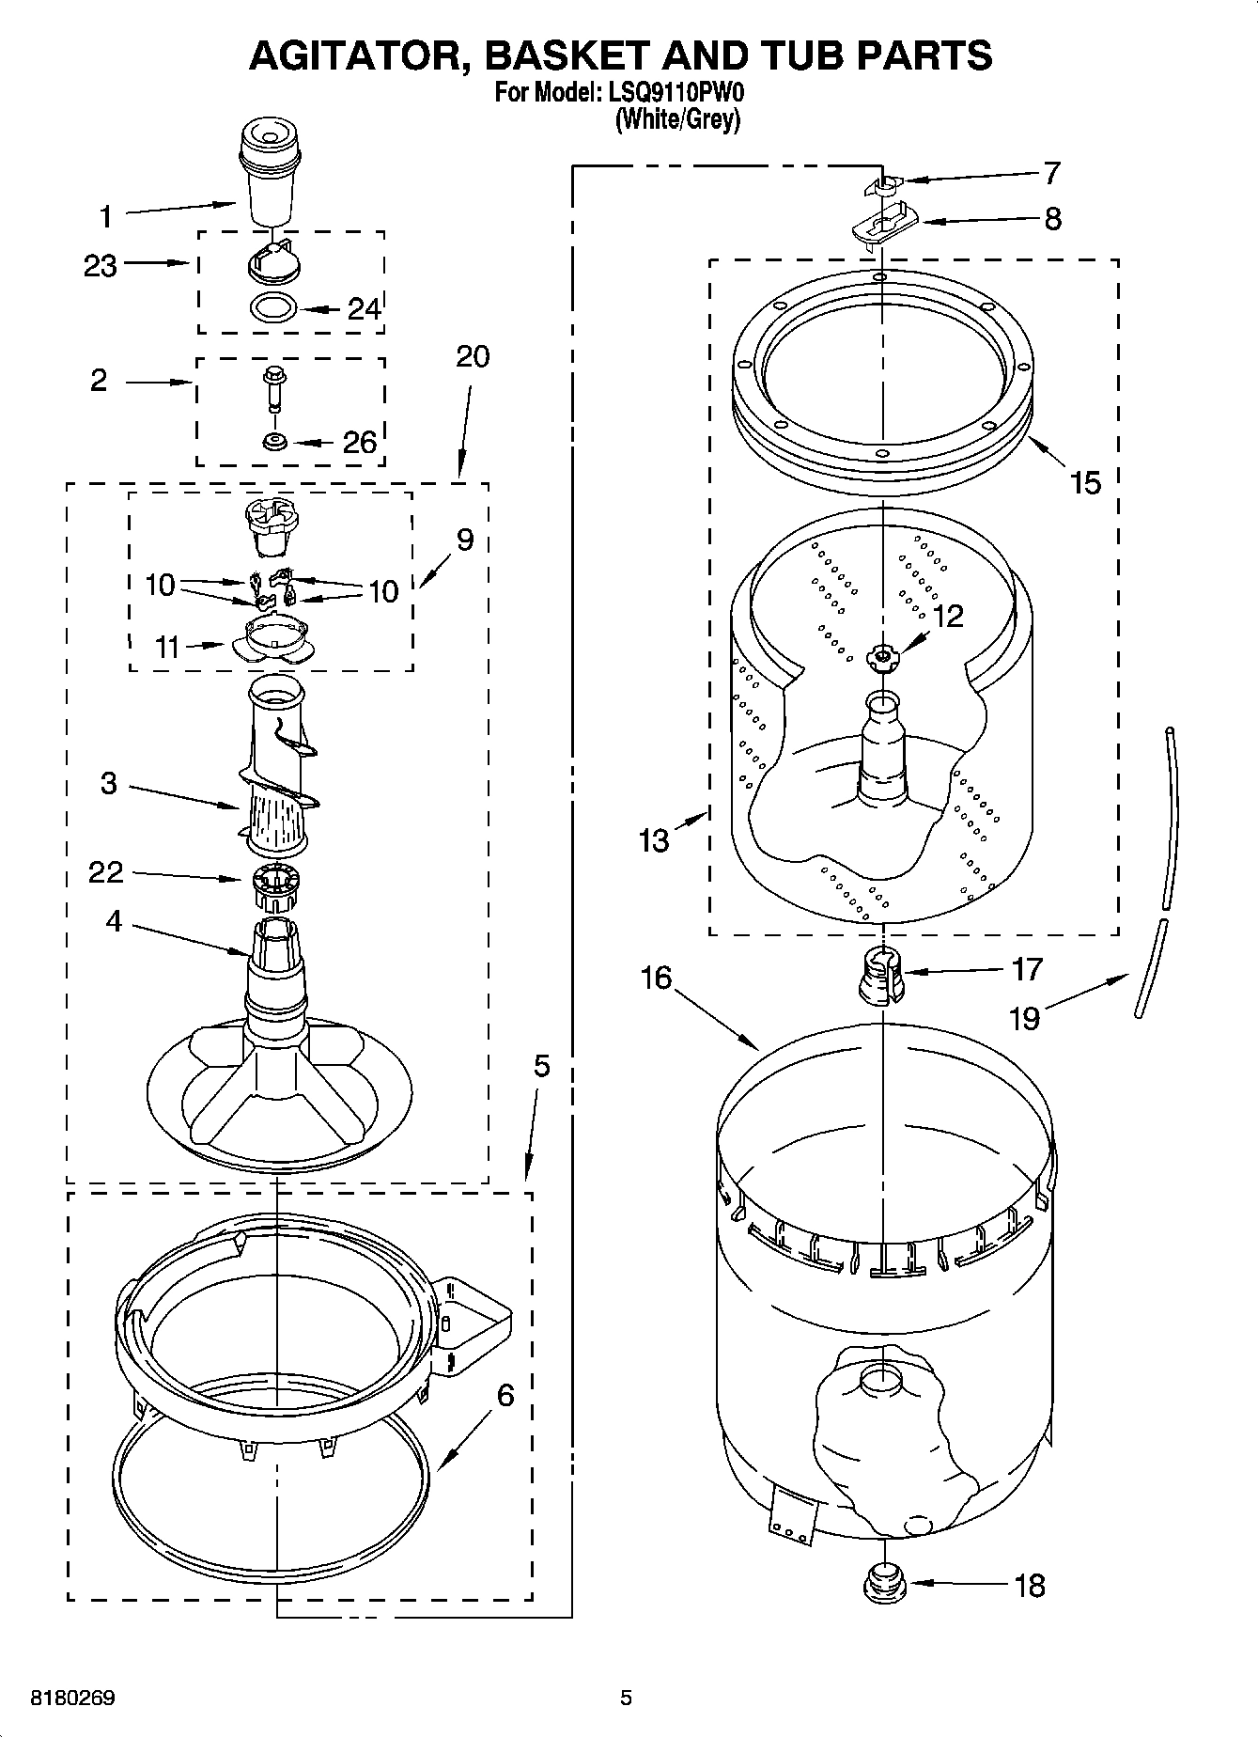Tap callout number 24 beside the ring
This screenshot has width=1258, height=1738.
(x=365, y=308)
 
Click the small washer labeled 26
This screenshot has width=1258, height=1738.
(x=274, y=441)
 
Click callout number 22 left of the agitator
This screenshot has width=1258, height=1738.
(x=105, y=872)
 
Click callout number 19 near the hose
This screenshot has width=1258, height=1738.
(x=1024, y=1017)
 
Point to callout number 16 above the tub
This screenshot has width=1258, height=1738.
(x=656, y=978)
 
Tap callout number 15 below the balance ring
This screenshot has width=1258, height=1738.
(x=1085, y=483)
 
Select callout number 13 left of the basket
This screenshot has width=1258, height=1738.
(x=654, y=839)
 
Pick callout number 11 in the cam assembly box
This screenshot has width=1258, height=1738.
(x=167, y=647)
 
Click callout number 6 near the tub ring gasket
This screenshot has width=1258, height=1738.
(x=505, y=1396)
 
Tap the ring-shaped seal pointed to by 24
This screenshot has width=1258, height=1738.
(x=274, y=306)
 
